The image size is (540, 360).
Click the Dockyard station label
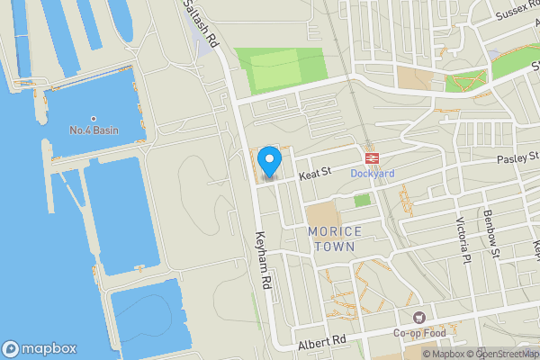pos(372,173)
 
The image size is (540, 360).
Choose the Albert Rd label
pos(321,342)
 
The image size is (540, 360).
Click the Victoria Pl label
pos(463,235)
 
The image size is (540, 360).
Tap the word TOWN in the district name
pos(335,246)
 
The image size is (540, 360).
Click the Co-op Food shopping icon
pos(418,318)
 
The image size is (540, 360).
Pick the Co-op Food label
pos(418,334)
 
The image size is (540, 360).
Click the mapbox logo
pos(39,348)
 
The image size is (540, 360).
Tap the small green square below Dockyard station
pos(362,200)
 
